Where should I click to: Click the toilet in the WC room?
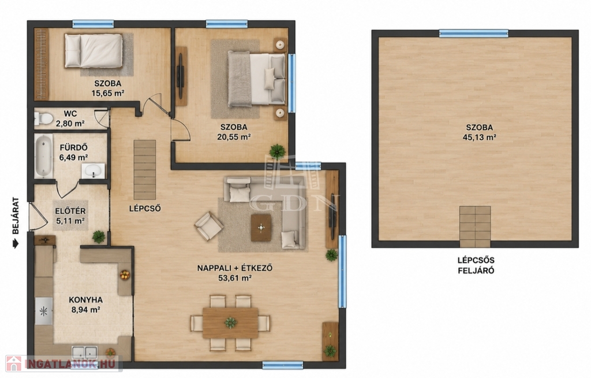click(44, 118)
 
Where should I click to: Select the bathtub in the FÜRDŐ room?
click(44, 156)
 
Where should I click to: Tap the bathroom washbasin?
click(93, 171)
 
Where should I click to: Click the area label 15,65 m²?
click(108, 93)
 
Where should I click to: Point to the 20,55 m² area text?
click(234, 137)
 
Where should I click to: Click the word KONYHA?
click(85, 300)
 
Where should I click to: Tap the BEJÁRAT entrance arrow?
click(16, 244)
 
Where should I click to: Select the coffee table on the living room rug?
click(261, 228)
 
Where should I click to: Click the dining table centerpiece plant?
click(230, 323)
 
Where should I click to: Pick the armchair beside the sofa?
click(209, 226)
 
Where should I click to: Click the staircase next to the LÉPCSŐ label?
click(145, 170)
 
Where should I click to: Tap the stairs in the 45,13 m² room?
click(475, 227)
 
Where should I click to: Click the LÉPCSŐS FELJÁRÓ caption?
click(476, 265)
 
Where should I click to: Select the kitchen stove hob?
click(44, 311)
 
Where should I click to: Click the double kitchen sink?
click(85, 353)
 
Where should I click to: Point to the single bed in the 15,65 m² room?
click(93, 51)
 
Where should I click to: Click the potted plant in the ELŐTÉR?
click(99, 237)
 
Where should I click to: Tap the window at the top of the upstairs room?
click(474, 34)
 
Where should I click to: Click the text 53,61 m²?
click(235, 279)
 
